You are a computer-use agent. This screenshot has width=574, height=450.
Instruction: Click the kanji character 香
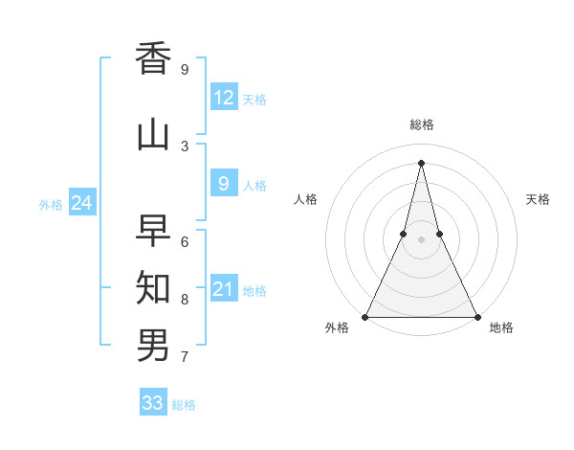coord(153,58)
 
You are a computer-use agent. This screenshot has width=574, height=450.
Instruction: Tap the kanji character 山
coord(153,135)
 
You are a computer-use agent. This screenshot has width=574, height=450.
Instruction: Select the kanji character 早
coord(153,229)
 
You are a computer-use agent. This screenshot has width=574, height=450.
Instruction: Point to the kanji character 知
coord(153,286)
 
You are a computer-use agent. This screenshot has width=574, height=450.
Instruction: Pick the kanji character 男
coord(153,344)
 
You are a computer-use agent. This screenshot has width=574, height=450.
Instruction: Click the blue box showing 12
coord(224,98)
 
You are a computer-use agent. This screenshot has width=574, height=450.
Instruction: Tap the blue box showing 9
coord(224,185)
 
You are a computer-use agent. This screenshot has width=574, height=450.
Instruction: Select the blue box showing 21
coord(224,289)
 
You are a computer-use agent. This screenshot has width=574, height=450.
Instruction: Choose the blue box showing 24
coord(81,203)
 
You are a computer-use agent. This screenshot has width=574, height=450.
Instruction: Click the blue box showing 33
coord(153,403)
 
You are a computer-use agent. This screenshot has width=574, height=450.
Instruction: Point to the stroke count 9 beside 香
coord(185,70)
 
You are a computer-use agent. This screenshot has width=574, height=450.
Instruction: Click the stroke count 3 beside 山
coord(185,146)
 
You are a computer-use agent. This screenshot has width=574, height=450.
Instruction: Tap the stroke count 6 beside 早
coord(185,241)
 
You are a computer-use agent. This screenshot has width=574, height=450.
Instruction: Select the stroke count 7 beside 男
coord(185,358)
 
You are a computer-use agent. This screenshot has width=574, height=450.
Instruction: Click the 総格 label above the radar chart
coord(422,124)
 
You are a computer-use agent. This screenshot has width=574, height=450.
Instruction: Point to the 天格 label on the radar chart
coord(538,199)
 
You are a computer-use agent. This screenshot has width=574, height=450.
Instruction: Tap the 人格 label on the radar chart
coord(305,199)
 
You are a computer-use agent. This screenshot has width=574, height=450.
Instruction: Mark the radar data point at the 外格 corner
coord(365,316)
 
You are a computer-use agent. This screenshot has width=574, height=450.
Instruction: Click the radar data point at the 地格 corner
coord(476,316)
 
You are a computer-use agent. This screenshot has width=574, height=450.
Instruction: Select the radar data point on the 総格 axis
coord(421,162)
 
